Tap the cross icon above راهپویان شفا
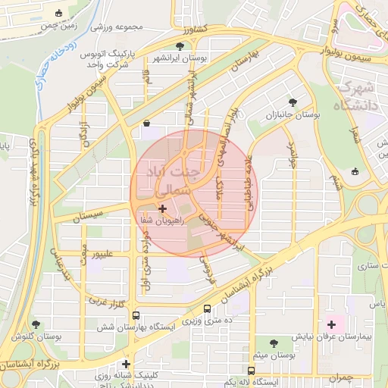[x=162, y=208]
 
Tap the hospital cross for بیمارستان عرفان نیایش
[x=331, y=324]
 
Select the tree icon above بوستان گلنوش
[x=36, y=324]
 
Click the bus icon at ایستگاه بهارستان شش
[x=136, y=315]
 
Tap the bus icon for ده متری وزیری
[x=208, y=308]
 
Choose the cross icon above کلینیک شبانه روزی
[x=126, y=364]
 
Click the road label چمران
[x=341, y=377]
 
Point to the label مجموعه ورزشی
[x=117, y=27]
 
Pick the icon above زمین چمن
[x=60, y=13]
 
